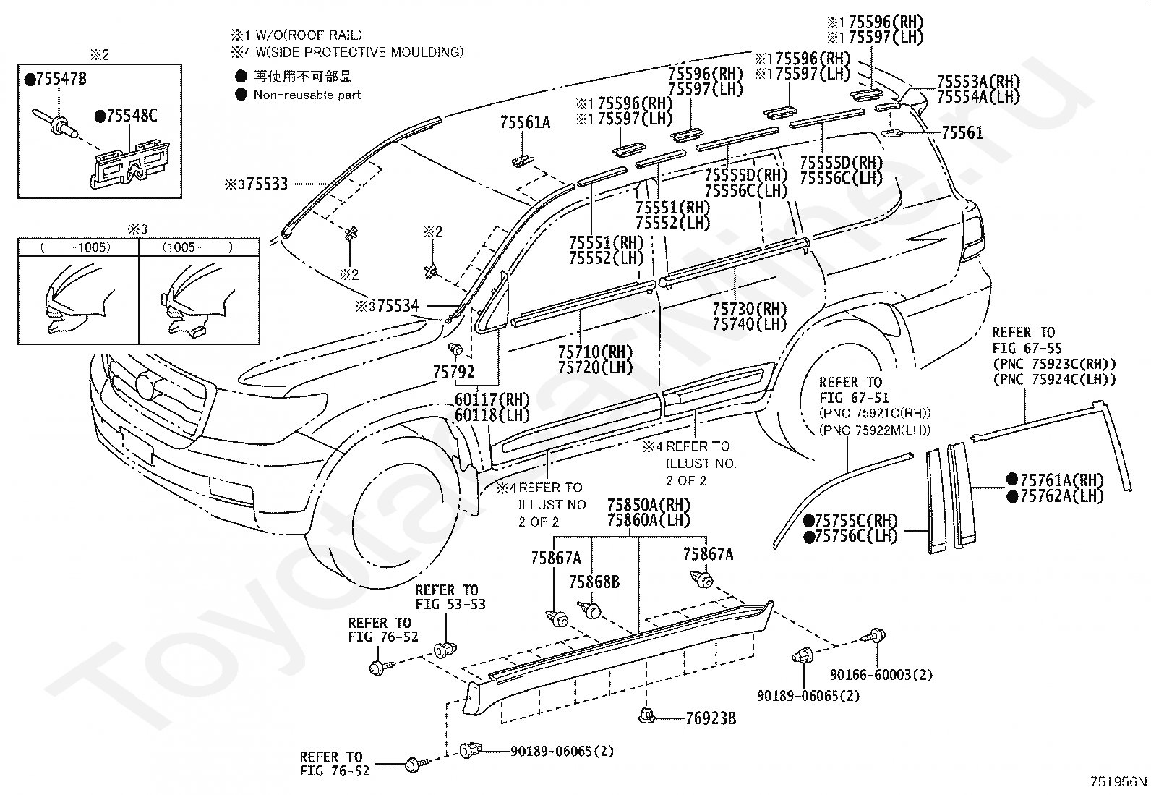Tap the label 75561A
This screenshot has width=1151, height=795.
[x=525, y=122]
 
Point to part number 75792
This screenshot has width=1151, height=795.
[x=453, y=372]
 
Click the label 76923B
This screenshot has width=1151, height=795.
[x=711, y=718]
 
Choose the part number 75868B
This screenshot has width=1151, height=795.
[x=594, y=582]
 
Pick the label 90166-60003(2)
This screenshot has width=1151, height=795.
[x=881, y=675]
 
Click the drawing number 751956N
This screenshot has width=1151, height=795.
[x=1118, y=782]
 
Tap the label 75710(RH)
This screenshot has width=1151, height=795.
[x=595, y=352]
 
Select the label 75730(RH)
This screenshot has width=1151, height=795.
[x=749, y=309]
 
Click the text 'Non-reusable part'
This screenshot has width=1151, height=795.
[x=307, y=95]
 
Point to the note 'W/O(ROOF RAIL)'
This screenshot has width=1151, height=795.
[x=308, y=35]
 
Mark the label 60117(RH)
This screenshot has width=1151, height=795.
[x=492, y=399]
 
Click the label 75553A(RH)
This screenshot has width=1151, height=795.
[x=978, y=82]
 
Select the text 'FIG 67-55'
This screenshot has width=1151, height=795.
[x=1027, y=348]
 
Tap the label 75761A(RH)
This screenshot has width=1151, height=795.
[x=1061, y=480]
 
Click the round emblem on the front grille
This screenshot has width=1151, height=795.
[x=146, y=387]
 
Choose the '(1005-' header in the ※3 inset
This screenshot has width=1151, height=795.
[x=182, y=247]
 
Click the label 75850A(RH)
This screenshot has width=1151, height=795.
[x=649, y=505]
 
